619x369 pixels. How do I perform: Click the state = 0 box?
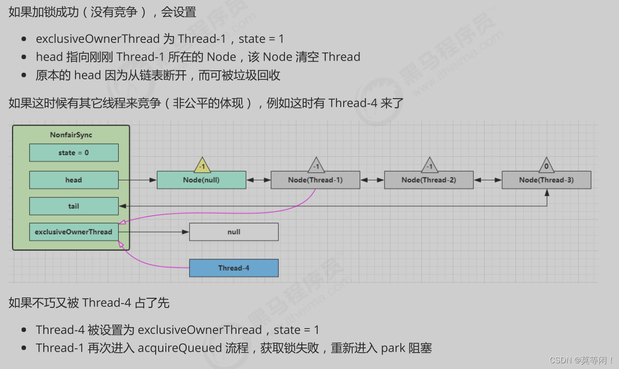click(x=74, y=153)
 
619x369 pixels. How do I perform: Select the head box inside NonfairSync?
click(x=74, y=180)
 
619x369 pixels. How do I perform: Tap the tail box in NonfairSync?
click(x=74, y=206)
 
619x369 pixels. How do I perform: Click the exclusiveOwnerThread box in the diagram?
click(x=74, y=231)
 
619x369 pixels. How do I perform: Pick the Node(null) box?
click(x=201, y=180)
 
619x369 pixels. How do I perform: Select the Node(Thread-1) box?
click(x=315, y=180)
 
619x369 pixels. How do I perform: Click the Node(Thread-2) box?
click(x=429, y=180)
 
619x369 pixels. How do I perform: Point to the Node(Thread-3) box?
click(x=546, y=180)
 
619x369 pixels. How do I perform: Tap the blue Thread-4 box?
click(x=234, y=268)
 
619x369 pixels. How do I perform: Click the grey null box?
click(x=234, y=231)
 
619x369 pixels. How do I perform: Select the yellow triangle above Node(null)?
click(x=202, y=165)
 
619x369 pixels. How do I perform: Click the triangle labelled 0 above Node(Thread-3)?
click(x=546, y=165)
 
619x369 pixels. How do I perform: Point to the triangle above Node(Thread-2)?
click(x=430, y=165)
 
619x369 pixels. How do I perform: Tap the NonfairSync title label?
click(x=71, y=135)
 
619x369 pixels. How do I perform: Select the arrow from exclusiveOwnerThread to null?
click(x=154, y=232)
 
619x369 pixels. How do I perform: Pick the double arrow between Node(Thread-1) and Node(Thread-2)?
click(x=372, y=180)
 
